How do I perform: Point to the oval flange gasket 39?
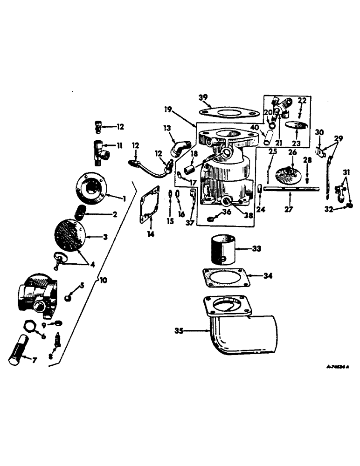coord(228,113)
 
